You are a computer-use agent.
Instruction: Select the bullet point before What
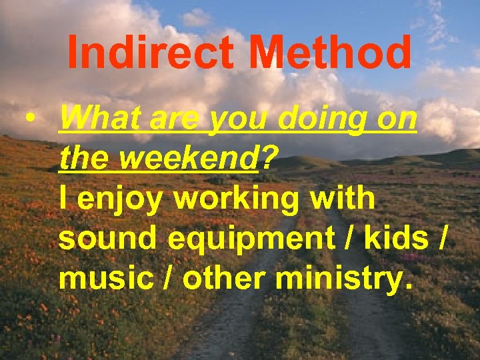pos(29,121)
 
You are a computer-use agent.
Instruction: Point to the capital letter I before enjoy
pos(63,199)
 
